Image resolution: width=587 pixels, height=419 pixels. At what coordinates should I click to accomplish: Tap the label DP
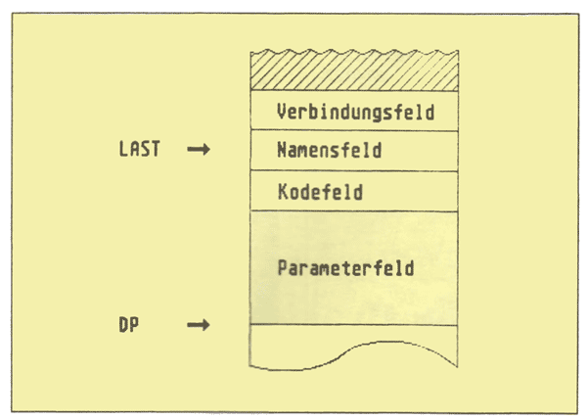[x=127, y=324]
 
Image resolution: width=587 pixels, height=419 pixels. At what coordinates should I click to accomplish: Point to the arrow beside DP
[x=199, y=324]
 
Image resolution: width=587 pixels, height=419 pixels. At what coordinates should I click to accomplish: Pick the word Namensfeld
[x=329, y=151]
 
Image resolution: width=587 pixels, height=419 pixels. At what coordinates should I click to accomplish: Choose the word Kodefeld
[x=319, y=192]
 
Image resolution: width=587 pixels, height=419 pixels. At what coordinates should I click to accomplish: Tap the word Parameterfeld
[x=345, y=267]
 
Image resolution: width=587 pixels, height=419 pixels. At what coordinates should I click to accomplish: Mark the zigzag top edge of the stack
[x=354, y=53]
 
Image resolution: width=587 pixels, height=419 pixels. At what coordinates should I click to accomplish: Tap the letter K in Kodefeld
[x=283, y=192]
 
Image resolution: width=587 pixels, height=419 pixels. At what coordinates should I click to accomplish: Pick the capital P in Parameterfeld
[x=283, y=267]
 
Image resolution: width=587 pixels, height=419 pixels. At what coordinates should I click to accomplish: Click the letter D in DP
[x=121, y=324]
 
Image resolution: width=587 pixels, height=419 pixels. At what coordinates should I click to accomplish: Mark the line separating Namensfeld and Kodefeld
[x=354, y=170]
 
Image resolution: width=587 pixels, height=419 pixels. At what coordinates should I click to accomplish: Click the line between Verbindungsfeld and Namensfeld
[x=354, y=129]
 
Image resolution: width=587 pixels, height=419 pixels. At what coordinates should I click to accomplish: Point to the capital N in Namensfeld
[x=283, y=151]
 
